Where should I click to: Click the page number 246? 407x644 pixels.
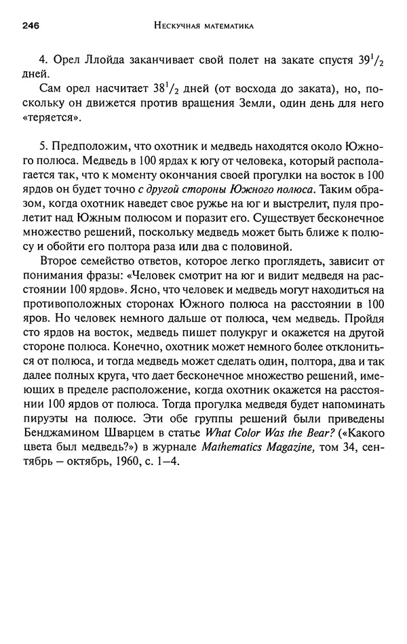(x=28, y=26)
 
